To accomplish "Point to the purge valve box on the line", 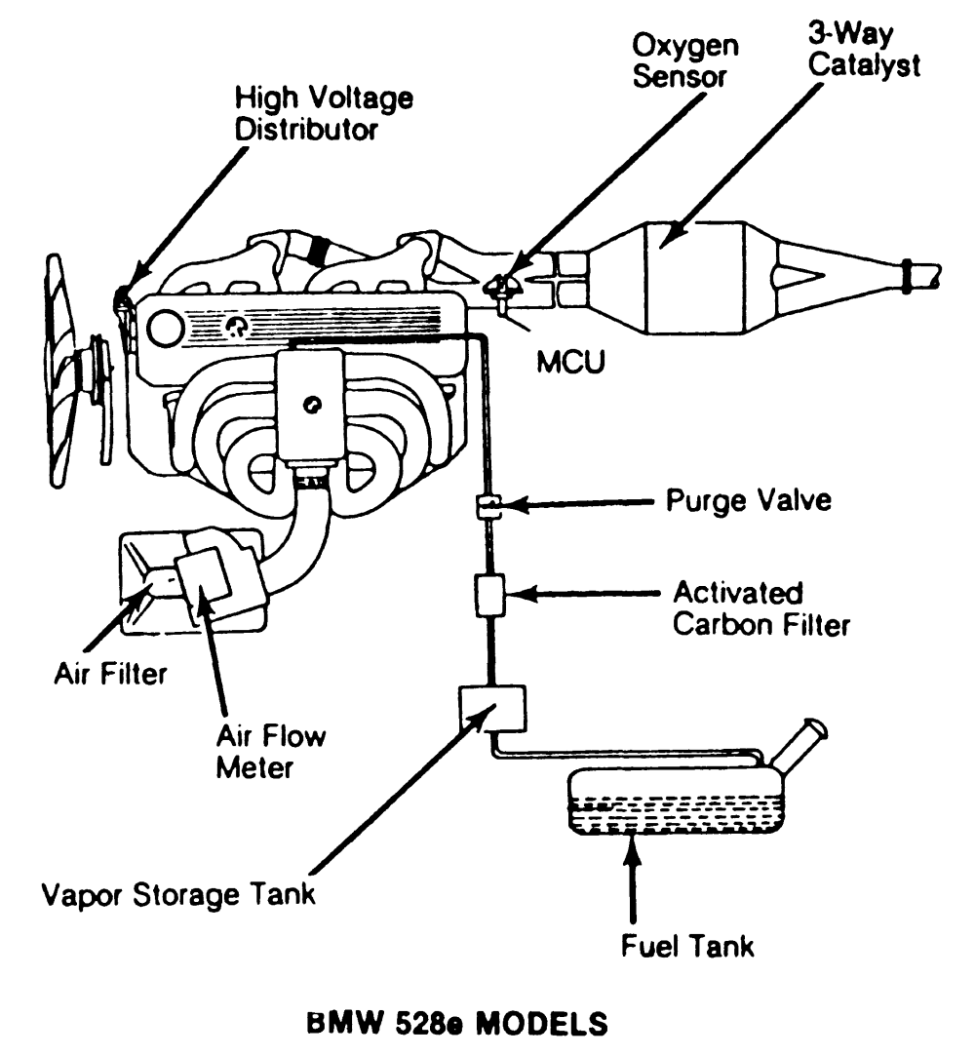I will coord(488,506).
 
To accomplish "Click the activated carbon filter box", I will coord(488,595).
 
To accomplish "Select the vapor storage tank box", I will coord(491,706).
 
